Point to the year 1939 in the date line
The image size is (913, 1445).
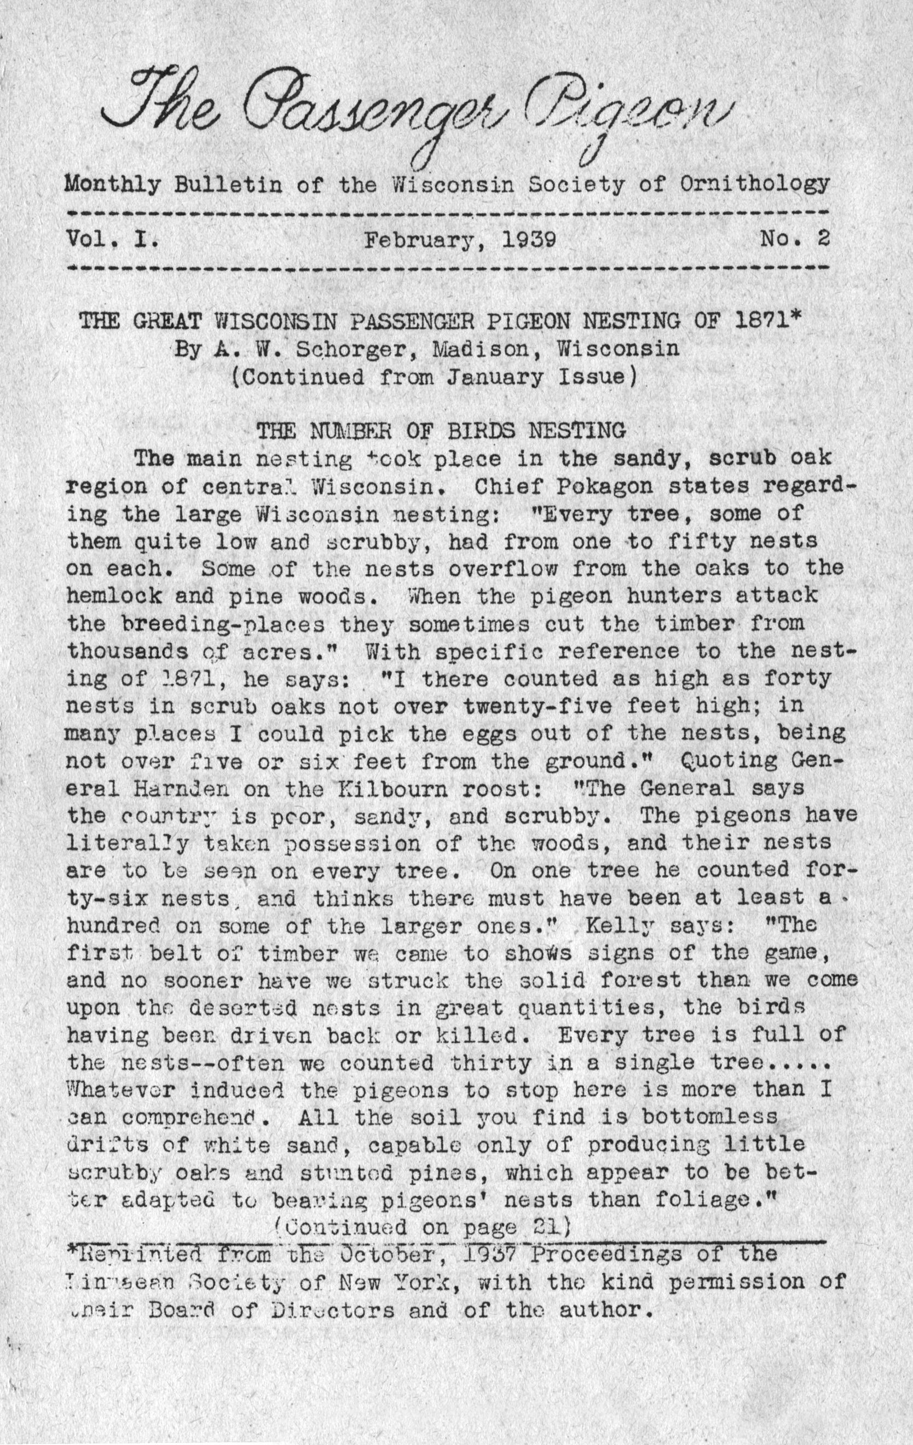528,240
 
